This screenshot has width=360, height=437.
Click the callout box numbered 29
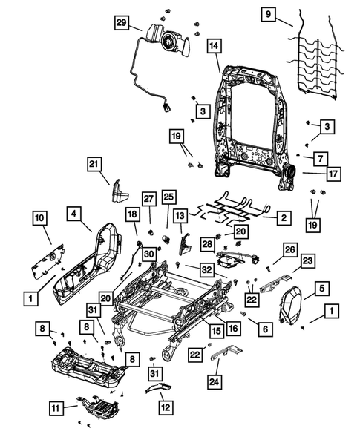click(121, 23)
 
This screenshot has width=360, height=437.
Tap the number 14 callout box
click(213, 46)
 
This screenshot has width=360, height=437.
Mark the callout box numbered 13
click(180, 215)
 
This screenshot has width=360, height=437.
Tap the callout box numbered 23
click(307, 260)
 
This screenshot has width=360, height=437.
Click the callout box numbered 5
click(321, 288)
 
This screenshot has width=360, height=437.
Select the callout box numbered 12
click(163, 407)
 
